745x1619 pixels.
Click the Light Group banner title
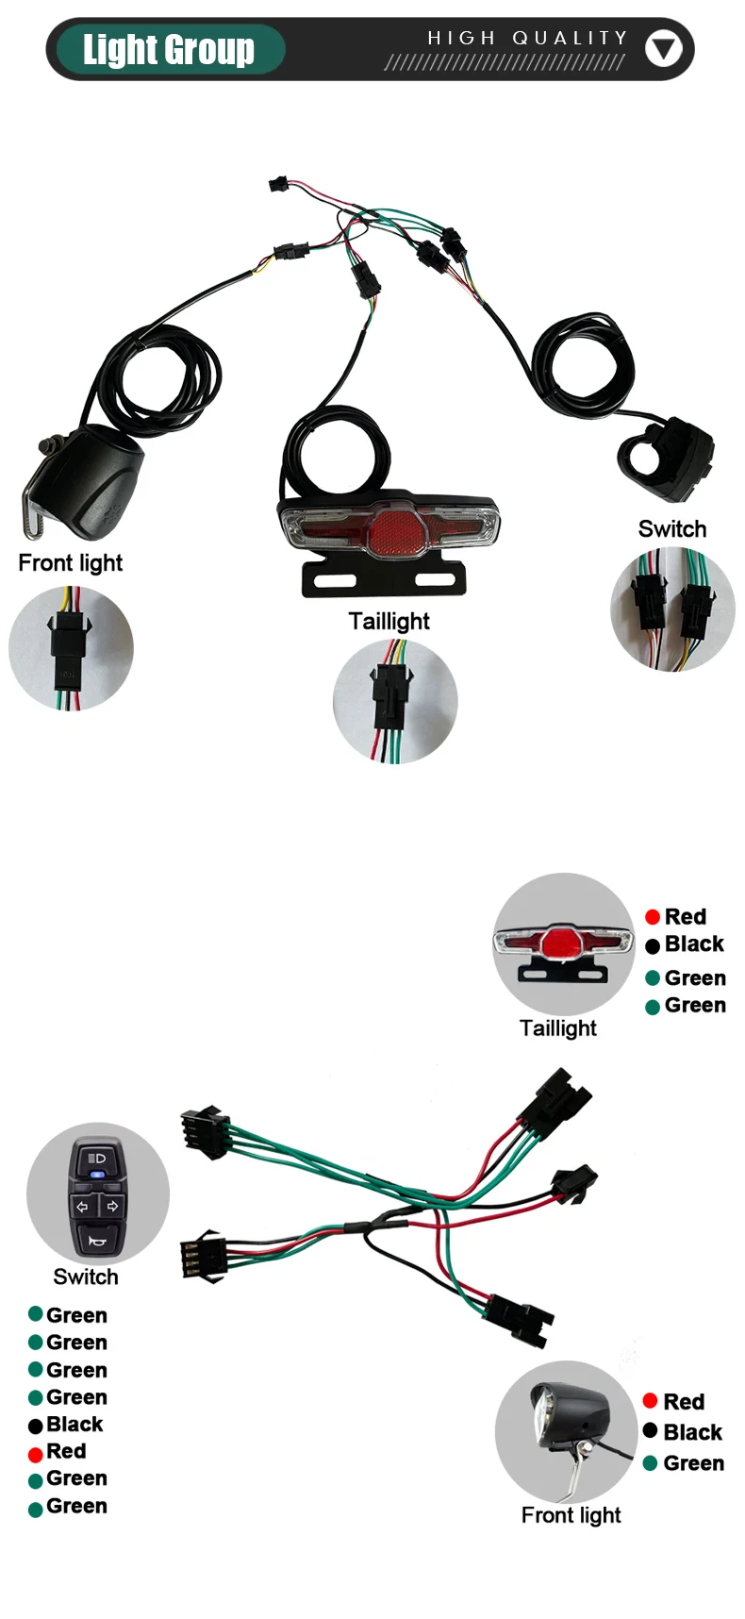[169, 49]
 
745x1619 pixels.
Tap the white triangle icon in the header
[663, 48]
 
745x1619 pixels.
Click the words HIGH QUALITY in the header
[527, 38]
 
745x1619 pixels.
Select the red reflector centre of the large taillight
[388, 534]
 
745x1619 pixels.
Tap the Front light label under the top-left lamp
[71, 563]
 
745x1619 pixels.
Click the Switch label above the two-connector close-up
[671, 529]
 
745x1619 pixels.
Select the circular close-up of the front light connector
[71, 648]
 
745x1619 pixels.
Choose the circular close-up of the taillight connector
[395, 701]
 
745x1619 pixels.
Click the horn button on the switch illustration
[96, 1239]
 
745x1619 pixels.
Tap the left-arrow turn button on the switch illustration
[82, 1207]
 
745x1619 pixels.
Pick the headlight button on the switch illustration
[96, 1159]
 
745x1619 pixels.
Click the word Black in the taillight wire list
[694, 944]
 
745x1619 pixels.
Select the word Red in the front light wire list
[684, 1402]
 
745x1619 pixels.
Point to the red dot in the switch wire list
[36, 1454]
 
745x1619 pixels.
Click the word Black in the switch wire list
[74, 1425]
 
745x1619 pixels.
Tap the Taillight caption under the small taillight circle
[557, 1028]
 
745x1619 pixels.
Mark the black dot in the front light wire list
[650, 1431]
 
